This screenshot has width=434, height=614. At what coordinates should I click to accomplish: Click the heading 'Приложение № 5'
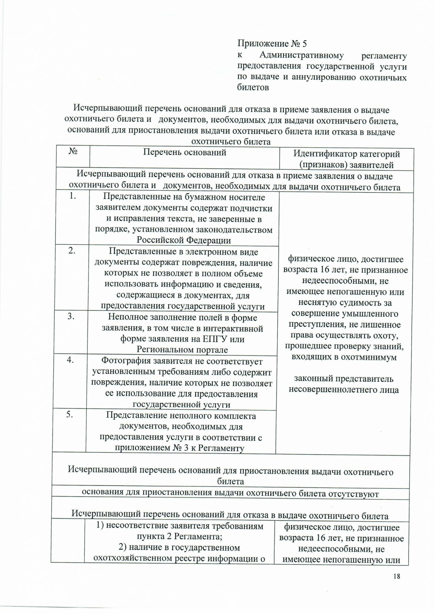pyautogui.click(x=272, y=44)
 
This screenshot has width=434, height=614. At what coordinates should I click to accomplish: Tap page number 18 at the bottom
pyautogui.click(x=396, y=576)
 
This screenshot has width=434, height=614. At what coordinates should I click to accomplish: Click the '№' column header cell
pyautogui.click(x=73, y=152)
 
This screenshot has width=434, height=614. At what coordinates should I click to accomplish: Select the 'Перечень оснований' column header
pyautogui.click(x=184, y=152)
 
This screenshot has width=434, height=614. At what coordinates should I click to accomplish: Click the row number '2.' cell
pyautogui.click(x=72, y=251)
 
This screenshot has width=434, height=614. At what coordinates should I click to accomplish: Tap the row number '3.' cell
pyautogui.click(x=71, y=316)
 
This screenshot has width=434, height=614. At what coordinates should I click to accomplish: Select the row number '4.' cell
pyautogui.click(x=71, y=360)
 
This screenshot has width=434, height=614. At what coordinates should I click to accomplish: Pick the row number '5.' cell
pyautogui.click(x=70, y=415)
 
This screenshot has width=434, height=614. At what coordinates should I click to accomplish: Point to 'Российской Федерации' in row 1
pyautogui.click(x=184, y=240)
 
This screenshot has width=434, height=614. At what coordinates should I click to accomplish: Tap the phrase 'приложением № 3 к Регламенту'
pyautogui.click(x=179, y=448)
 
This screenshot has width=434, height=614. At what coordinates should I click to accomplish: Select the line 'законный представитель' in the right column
pyautogui.click(x=344, y=379)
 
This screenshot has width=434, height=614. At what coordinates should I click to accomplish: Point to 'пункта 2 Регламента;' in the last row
pyautogui.click(x=179, y=537)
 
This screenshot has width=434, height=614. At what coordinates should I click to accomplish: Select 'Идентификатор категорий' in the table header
pyautogui.click(x=346, y=154)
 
